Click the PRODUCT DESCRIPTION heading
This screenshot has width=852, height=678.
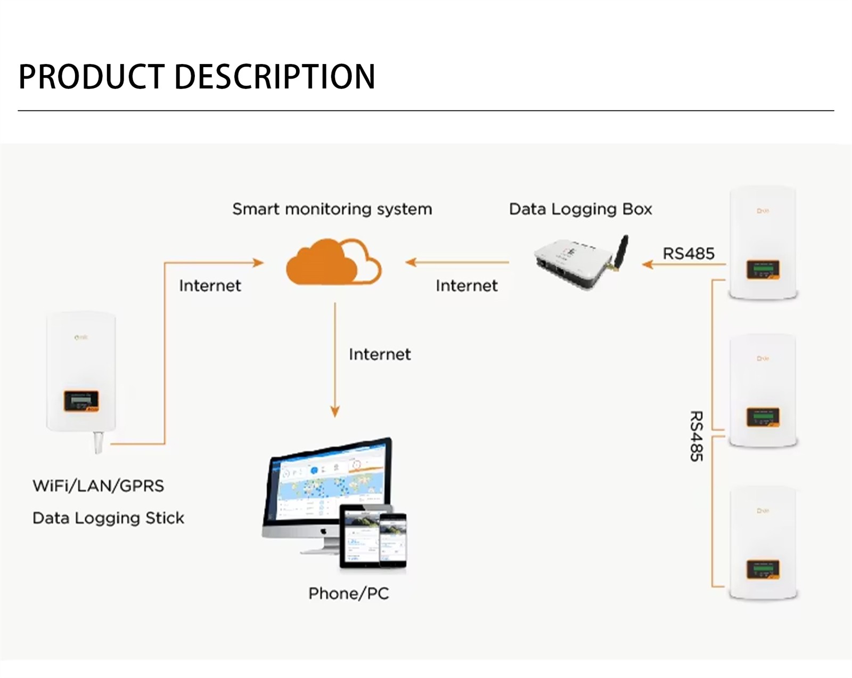coord(197,76)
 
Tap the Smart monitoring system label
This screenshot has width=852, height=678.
coord(332,209)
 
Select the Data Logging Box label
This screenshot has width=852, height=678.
coord(580,209)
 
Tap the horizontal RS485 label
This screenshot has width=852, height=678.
coord(688,253)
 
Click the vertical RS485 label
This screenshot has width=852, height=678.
coord(697,436)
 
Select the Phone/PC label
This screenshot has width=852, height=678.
coord(349,593)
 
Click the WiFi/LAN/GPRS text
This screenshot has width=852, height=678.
coord(99,486)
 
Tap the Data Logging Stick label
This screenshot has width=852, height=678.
coord(108,518)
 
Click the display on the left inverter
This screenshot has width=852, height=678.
coord(81,400)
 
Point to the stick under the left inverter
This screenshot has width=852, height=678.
coord(99,442)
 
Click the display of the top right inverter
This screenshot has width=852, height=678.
coord(763,269)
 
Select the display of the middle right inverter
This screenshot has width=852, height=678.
coord(763,417)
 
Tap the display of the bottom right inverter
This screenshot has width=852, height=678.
coord(763,569)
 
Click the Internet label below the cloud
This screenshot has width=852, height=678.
coord(380,354)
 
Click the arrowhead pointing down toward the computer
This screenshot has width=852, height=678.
coord(335,411)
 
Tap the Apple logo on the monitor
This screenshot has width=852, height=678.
coord(323,531)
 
